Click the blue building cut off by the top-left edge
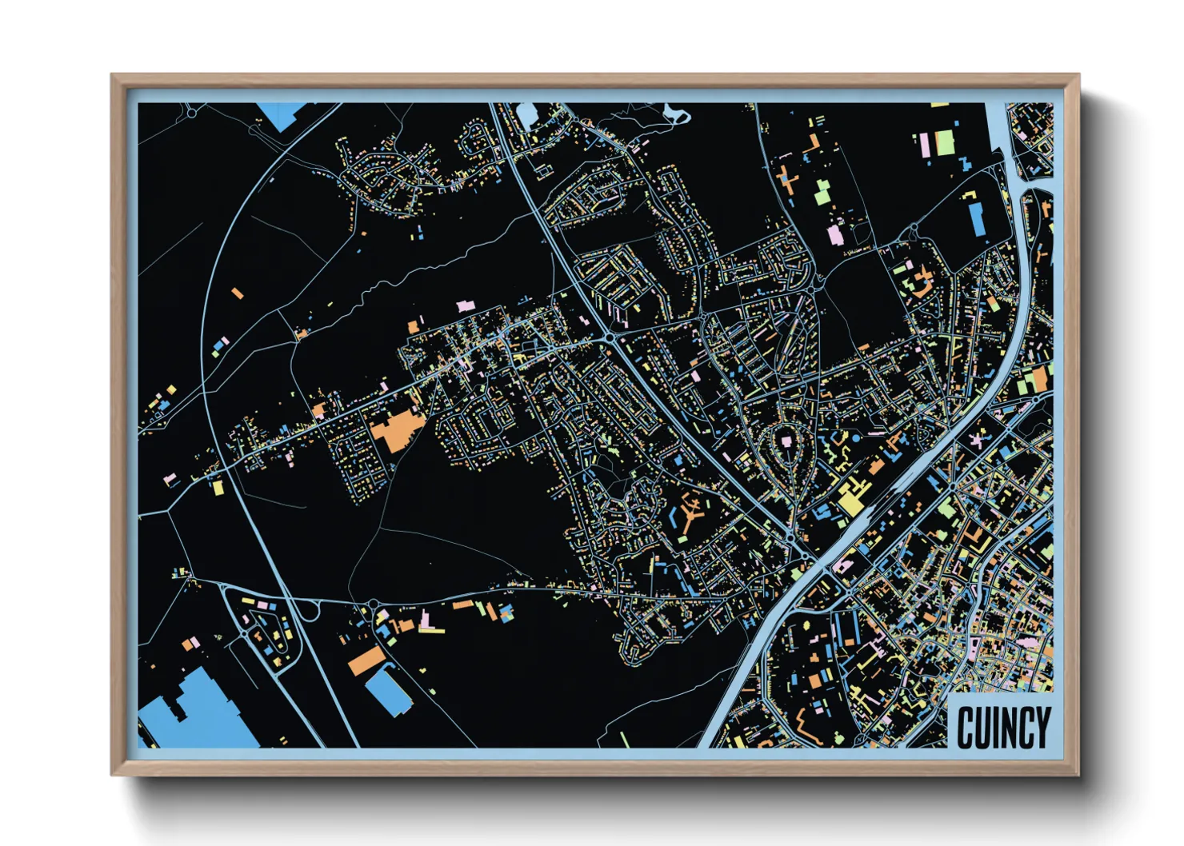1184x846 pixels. (x=282, y=114)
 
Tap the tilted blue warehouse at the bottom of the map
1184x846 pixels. (x=389, y=692)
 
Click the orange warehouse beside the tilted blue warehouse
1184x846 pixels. (x=366, y=660)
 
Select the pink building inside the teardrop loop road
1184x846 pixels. (x=786, y=441)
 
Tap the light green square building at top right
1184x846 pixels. (x=945, y=142)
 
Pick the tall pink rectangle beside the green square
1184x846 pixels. (x=924, y=145)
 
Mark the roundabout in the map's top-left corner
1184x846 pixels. (x=191, y=113)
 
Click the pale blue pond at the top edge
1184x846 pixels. (x=526, y=116)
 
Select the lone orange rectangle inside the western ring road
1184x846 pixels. (x=237, y=294)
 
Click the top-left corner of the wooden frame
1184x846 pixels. (x=113, y=76)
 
